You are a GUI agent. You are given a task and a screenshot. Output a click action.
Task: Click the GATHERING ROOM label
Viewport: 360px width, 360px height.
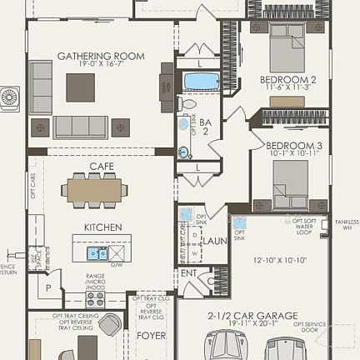point(100,56)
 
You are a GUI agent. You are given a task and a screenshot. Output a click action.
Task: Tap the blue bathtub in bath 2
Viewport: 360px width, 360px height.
point(201,82)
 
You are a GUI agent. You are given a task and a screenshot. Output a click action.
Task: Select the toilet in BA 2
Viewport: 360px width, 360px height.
point(188,105)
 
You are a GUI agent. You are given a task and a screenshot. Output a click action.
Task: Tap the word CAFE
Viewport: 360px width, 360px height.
point(102,167)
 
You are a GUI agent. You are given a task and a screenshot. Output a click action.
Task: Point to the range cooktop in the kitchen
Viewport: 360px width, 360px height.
point(95,297)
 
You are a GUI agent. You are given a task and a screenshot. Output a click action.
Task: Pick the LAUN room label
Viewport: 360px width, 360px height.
point(214,240)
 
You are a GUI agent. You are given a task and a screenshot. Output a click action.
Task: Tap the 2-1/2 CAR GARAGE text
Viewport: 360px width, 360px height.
point(249,316)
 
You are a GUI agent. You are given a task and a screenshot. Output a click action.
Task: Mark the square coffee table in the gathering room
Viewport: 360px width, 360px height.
point(81,87)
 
